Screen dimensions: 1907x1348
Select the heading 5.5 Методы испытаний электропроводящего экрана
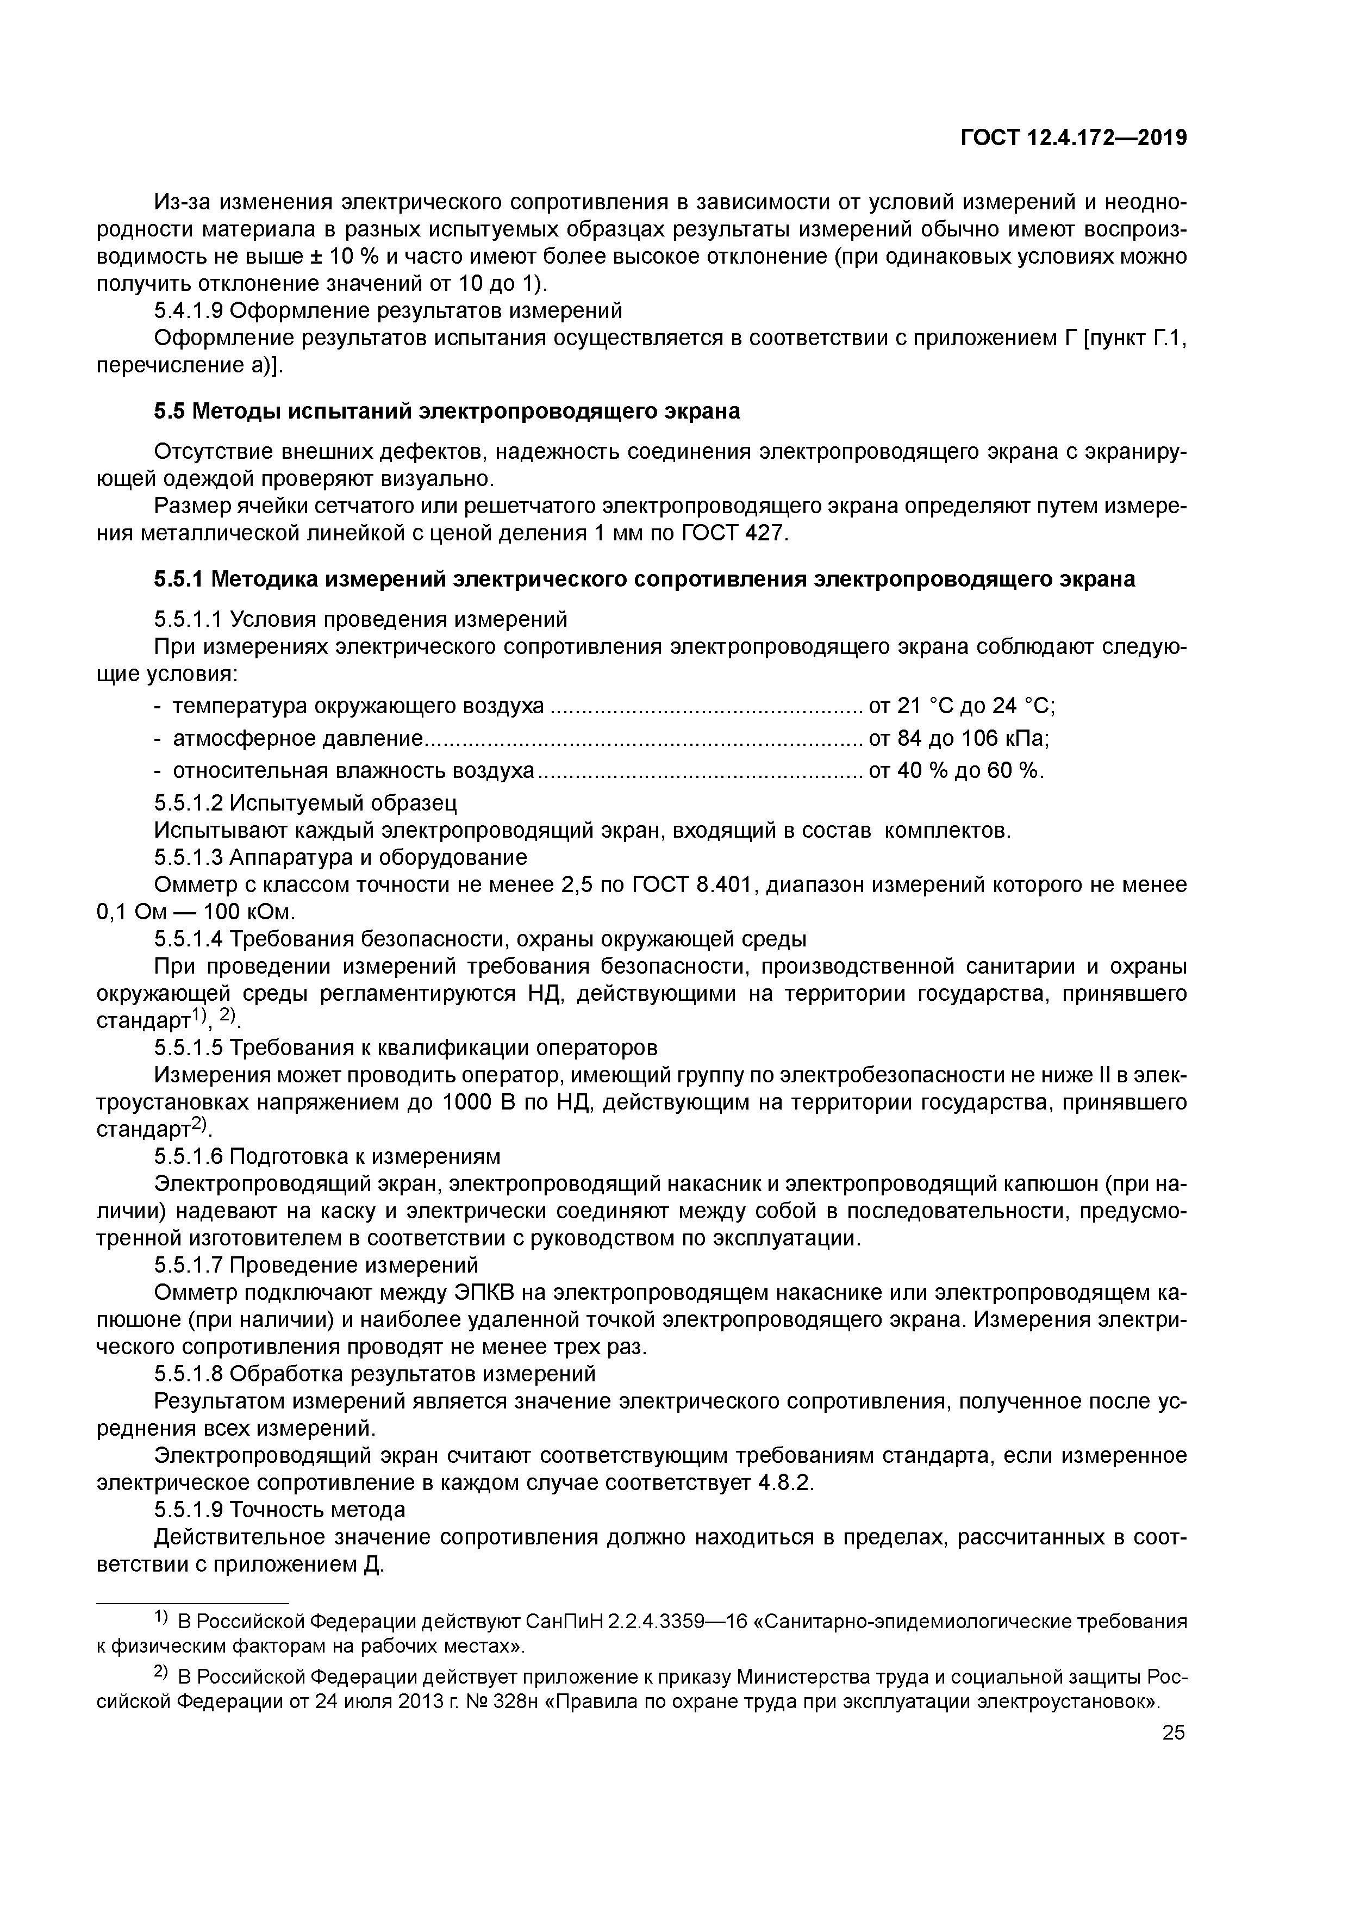coord(446,411)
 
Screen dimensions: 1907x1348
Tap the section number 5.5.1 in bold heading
coord(179,579)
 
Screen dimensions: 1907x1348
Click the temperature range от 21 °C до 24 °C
coord(961,706)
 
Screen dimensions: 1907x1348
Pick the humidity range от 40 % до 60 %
coord(955,771)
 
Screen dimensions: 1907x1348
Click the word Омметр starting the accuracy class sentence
coord(193,884)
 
